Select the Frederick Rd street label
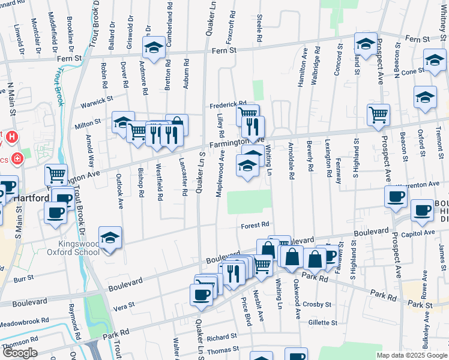pos(228,105)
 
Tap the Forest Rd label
pos(255,225)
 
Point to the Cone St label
pos(412,71)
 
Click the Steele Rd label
pos(259,28)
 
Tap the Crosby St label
pos(317,304)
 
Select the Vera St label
pos(124,306)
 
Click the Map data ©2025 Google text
pos(412,355)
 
